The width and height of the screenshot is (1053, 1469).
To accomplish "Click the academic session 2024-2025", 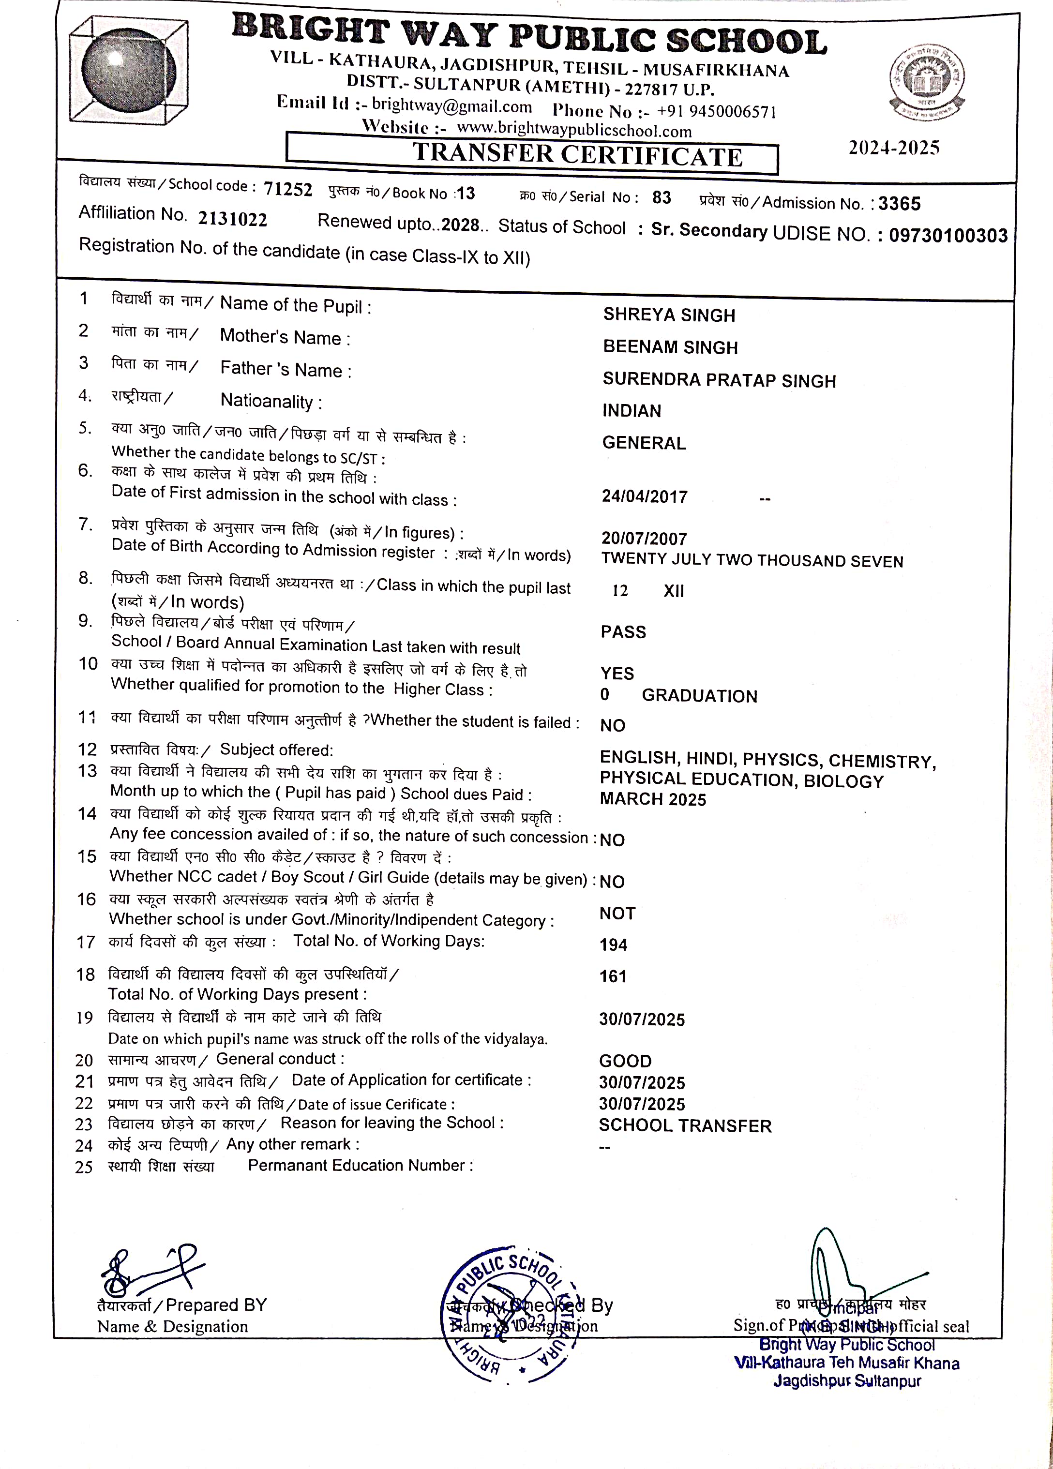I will pos(894,149).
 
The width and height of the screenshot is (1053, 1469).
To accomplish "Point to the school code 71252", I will pos(287,189).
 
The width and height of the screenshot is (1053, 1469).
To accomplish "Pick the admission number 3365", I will pos(900,204).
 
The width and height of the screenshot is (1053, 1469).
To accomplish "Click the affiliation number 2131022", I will pos(232,220).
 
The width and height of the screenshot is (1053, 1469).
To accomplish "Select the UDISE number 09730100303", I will pos(948,236).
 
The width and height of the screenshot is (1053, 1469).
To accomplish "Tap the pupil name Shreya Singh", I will pos(669,315).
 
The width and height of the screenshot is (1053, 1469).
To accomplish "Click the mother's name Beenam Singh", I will pos(670,348).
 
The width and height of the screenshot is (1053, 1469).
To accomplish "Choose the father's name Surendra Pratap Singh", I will pos(719,380).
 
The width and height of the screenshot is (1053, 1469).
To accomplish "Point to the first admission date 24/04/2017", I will pos(645,497).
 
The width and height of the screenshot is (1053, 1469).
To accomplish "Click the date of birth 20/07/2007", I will pos(644,538).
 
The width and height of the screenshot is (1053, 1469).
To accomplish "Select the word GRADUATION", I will pos(699,696).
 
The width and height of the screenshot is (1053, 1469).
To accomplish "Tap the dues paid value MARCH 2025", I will pos(653,799).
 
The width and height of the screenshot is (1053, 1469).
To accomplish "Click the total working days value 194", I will pos(613,945).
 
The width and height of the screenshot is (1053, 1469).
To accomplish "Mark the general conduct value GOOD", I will pos(625,1061).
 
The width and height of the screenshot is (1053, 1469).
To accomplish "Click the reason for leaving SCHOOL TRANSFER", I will pos(685,1126).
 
